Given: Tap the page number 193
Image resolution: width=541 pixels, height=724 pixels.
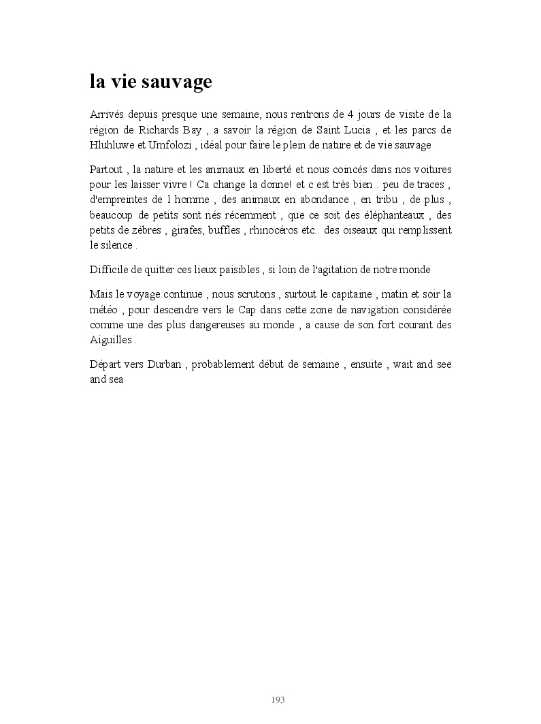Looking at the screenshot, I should pyautogui.click(x=278, y=699).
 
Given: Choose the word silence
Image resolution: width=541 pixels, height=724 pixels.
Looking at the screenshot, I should pyautogui.click(x=116, y=245).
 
